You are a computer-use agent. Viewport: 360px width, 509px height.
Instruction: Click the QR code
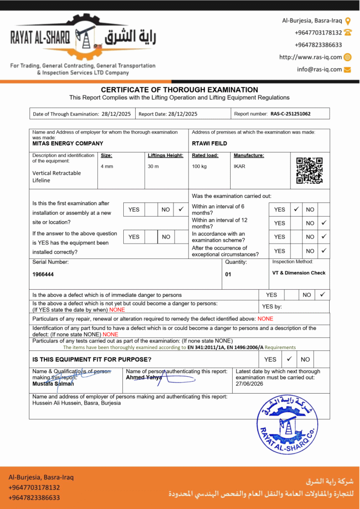(x=309, y=170)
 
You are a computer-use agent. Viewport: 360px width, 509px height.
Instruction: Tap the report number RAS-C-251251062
(x=290, y=114)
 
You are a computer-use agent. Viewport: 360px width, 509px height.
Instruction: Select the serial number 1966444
(x=43, y=274)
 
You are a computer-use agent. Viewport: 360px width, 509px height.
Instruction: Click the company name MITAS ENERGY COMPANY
(x=68, y=143)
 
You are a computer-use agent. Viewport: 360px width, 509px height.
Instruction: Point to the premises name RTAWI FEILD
(x=209, y=143)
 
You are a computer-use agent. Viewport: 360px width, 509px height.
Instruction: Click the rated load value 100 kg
(x=199, y=166)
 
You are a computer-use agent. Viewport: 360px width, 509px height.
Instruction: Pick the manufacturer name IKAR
(x=239, y=166)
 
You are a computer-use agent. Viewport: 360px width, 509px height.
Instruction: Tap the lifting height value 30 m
(x=153, y=166)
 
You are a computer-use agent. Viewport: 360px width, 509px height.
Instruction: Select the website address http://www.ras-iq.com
(x=310, y=57)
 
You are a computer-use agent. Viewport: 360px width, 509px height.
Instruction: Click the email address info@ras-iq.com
(x=319, y=70)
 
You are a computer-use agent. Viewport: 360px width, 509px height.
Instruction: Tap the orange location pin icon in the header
(x=348, y=21)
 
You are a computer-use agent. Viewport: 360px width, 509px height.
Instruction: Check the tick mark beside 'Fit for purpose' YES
(x=289, y=358)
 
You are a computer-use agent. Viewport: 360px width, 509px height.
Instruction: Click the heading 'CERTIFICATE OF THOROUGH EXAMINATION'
(x=180, y=90)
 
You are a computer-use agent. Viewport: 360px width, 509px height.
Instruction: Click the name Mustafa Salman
(x=53, y=384)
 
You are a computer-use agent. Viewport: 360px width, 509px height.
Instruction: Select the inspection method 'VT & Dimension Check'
(x=299, y=273)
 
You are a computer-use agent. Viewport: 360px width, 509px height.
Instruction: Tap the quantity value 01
(x=228, y=274)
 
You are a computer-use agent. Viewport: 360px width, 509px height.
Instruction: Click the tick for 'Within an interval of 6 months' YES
(x=296, y=209)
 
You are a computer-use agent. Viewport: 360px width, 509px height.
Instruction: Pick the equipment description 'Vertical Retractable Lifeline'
(x=57, y=176)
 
